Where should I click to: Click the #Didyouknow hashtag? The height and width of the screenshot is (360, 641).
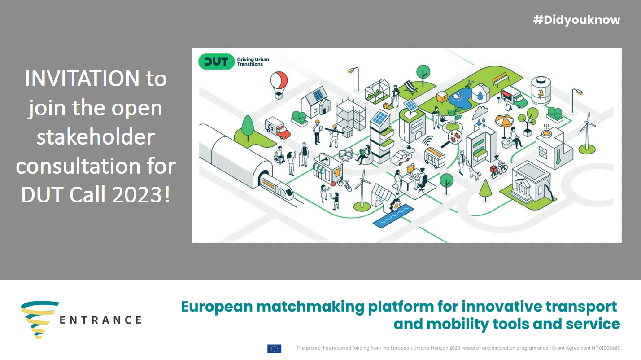coord(576,20)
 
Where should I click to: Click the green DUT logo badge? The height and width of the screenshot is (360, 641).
coord(216,61)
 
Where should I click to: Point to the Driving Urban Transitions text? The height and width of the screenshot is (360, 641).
coord(253,62)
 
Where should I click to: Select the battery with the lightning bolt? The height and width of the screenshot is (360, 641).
coord(541,91)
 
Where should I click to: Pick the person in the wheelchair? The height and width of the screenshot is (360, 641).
coord(279,155)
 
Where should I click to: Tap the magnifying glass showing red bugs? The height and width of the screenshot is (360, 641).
coord(452,139)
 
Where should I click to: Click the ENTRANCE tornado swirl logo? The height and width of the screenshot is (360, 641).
coord(39,319)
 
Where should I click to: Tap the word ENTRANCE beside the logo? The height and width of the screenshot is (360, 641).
coord(101,320)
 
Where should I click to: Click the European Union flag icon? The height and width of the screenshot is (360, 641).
coord(274,348)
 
